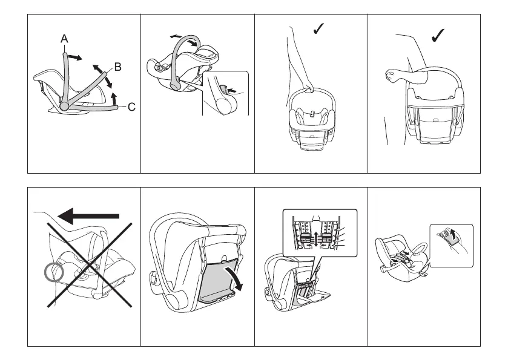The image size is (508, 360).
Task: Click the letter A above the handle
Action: tap(65, 38)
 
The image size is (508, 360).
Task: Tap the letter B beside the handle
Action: tap(118, 67)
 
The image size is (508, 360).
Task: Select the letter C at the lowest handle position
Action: tap(131, 107)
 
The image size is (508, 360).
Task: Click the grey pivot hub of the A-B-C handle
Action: tap(64, 105)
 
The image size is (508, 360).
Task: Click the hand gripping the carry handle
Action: tap(309, 88)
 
